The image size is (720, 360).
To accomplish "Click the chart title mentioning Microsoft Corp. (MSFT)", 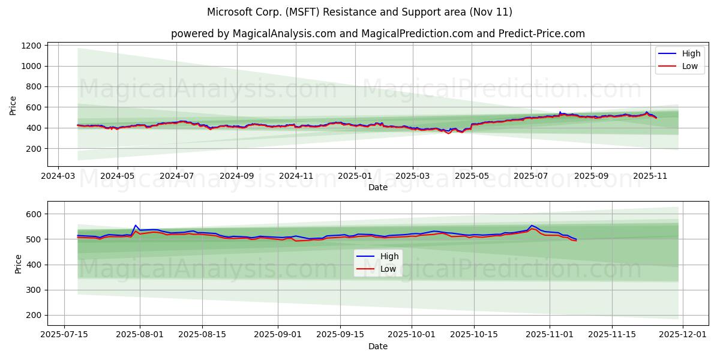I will tap(359, 12).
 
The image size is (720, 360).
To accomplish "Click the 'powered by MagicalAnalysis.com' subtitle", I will tap(377, 34).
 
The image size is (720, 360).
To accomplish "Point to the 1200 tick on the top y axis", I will tap(31, 46).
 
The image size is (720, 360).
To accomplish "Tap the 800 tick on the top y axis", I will tap(34, 86).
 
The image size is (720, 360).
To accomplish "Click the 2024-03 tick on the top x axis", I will tap(58, 177).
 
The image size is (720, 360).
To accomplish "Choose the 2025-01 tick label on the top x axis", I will tap(355, 177).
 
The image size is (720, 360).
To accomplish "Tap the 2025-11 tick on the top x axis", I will tap(650, 177).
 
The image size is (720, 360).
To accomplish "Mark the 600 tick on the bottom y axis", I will tap(34, 214).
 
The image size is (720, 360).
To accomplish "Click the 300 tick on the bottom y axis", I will tap(34, 290).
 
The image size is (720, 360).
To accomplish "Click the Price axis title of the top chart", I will tap(13, 105).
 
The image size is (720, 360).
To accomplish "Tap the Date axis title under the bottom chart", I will tap(378, 346).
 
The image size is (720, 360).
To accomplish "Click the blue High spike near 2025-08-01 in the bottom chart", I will tap(136, 225).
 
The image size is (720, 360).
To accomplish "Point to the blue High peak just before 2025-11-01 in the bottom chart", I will tap(532, 226).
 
